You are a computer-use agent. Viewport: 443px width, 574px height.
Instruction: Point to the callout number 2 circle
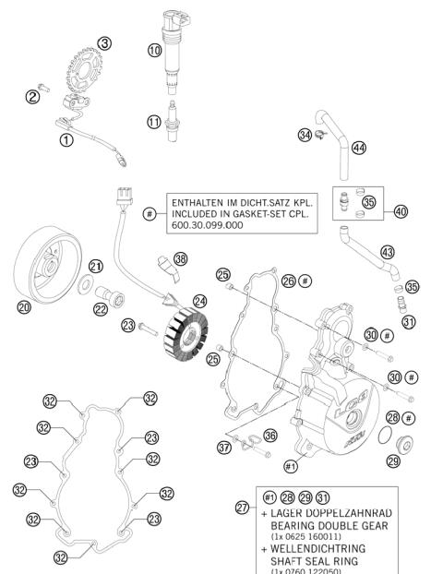[x=32, y=94]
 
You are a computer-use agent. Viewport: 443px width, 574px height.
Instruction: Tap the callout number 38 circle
[x=181, y=258]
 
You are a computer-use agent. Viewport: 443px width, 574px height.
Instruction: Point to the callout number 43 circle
[x=388, y=252]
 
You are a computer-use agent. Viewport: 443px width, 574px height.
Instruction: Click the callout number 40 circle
[x=401, y=210]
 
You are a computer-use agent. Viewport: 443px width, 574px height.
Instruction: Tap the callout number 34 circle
[x=304, y=137]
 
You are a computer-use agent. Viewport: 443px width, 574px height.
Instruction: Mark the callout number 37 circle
[x=223, y=448]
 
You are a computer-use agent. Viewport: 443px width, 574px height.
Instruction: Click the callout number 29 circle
[x=392, y=460]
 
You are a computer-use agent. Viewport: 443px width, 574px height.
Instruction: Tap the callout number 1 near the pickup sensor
[x=66, y=140]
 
